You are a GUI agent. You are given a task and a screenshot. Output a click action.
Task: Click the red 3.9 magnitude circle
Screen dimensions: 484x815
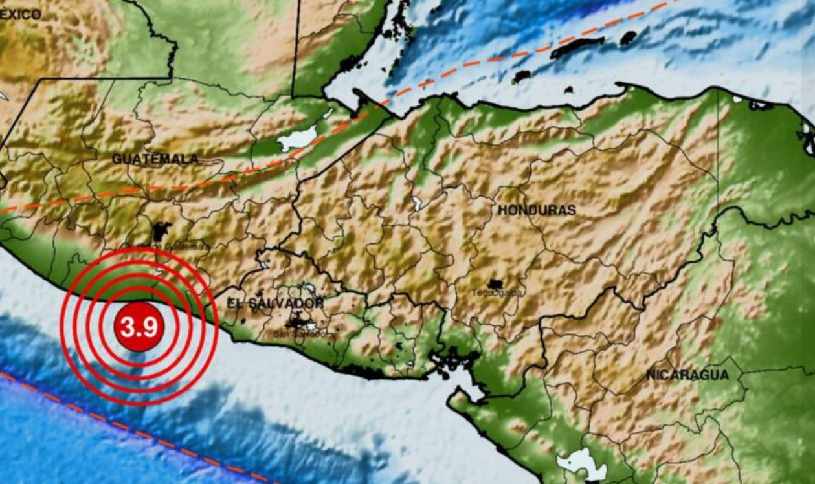(x=139, y=327)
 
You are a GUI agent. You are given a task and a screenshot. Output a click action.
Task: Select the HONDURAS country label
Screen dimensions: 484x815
(x=537, y=210)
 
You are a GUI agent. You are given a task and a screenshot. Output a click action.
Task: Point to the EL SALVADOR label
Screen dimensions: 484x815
(x=275, y=303)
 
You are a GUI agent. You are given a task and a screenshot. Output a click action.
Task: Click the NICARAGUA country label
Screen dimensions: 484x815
(x=687, y=375)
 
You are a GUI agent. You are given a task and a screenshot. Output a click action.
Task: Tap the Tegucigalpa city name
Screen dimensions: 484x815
(x=497, y=293)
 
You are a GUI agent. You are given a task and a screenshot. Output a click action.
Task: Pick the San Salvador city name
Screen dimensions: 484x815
(x=304, y=335)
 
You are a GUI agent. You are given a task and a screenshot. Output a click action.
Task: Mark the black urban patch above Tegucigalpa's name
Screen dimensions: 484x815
(x=496, y=283)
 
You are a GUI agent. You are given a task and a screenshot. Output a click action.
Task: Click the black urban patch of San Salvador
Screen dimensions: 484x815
(x=298, y=320)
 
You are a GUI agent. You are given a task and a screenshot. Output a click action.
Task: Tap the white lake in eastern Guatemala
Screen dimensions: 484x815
(x=298, y=138)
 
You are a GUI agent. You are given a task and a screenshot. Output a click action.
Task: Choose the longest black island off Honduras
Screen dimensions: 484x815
(x=576, y=47)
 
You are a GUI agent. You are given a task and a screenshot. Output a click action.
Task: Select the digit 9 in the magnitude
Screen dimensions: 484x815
(x=150, y=328)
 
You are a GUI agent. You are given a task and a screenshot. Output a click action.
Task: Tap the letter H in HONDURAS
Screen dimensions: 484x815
(x=502, y=210)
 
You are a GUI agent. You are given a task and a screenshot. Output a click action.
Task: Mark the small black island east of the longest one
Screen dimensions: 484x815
(x=628, y=38)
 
